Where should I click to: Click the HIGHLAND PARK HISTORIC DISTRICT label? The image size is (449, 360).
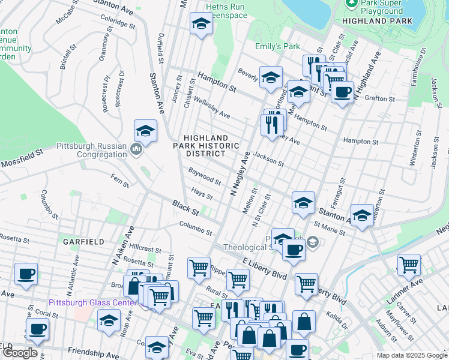206,145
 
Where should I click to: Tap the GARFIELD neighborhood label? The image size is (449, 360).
83,241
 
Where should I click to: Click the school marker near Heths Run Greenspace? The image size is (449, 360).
201,25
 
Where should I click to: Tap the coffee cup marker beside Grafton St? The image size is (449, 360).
342,92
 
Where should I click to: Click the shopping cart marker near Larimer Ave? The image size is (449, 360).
409,264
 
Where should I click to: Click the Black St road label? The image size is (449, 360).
185,209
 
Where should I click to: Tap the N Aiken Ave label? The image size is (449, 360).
121,245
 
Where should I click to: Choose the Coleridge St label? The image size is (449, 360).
118,22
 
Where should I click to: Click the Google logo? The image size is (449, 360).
20,353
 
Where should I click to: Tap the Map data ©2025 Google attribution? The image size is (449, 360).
411,355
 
